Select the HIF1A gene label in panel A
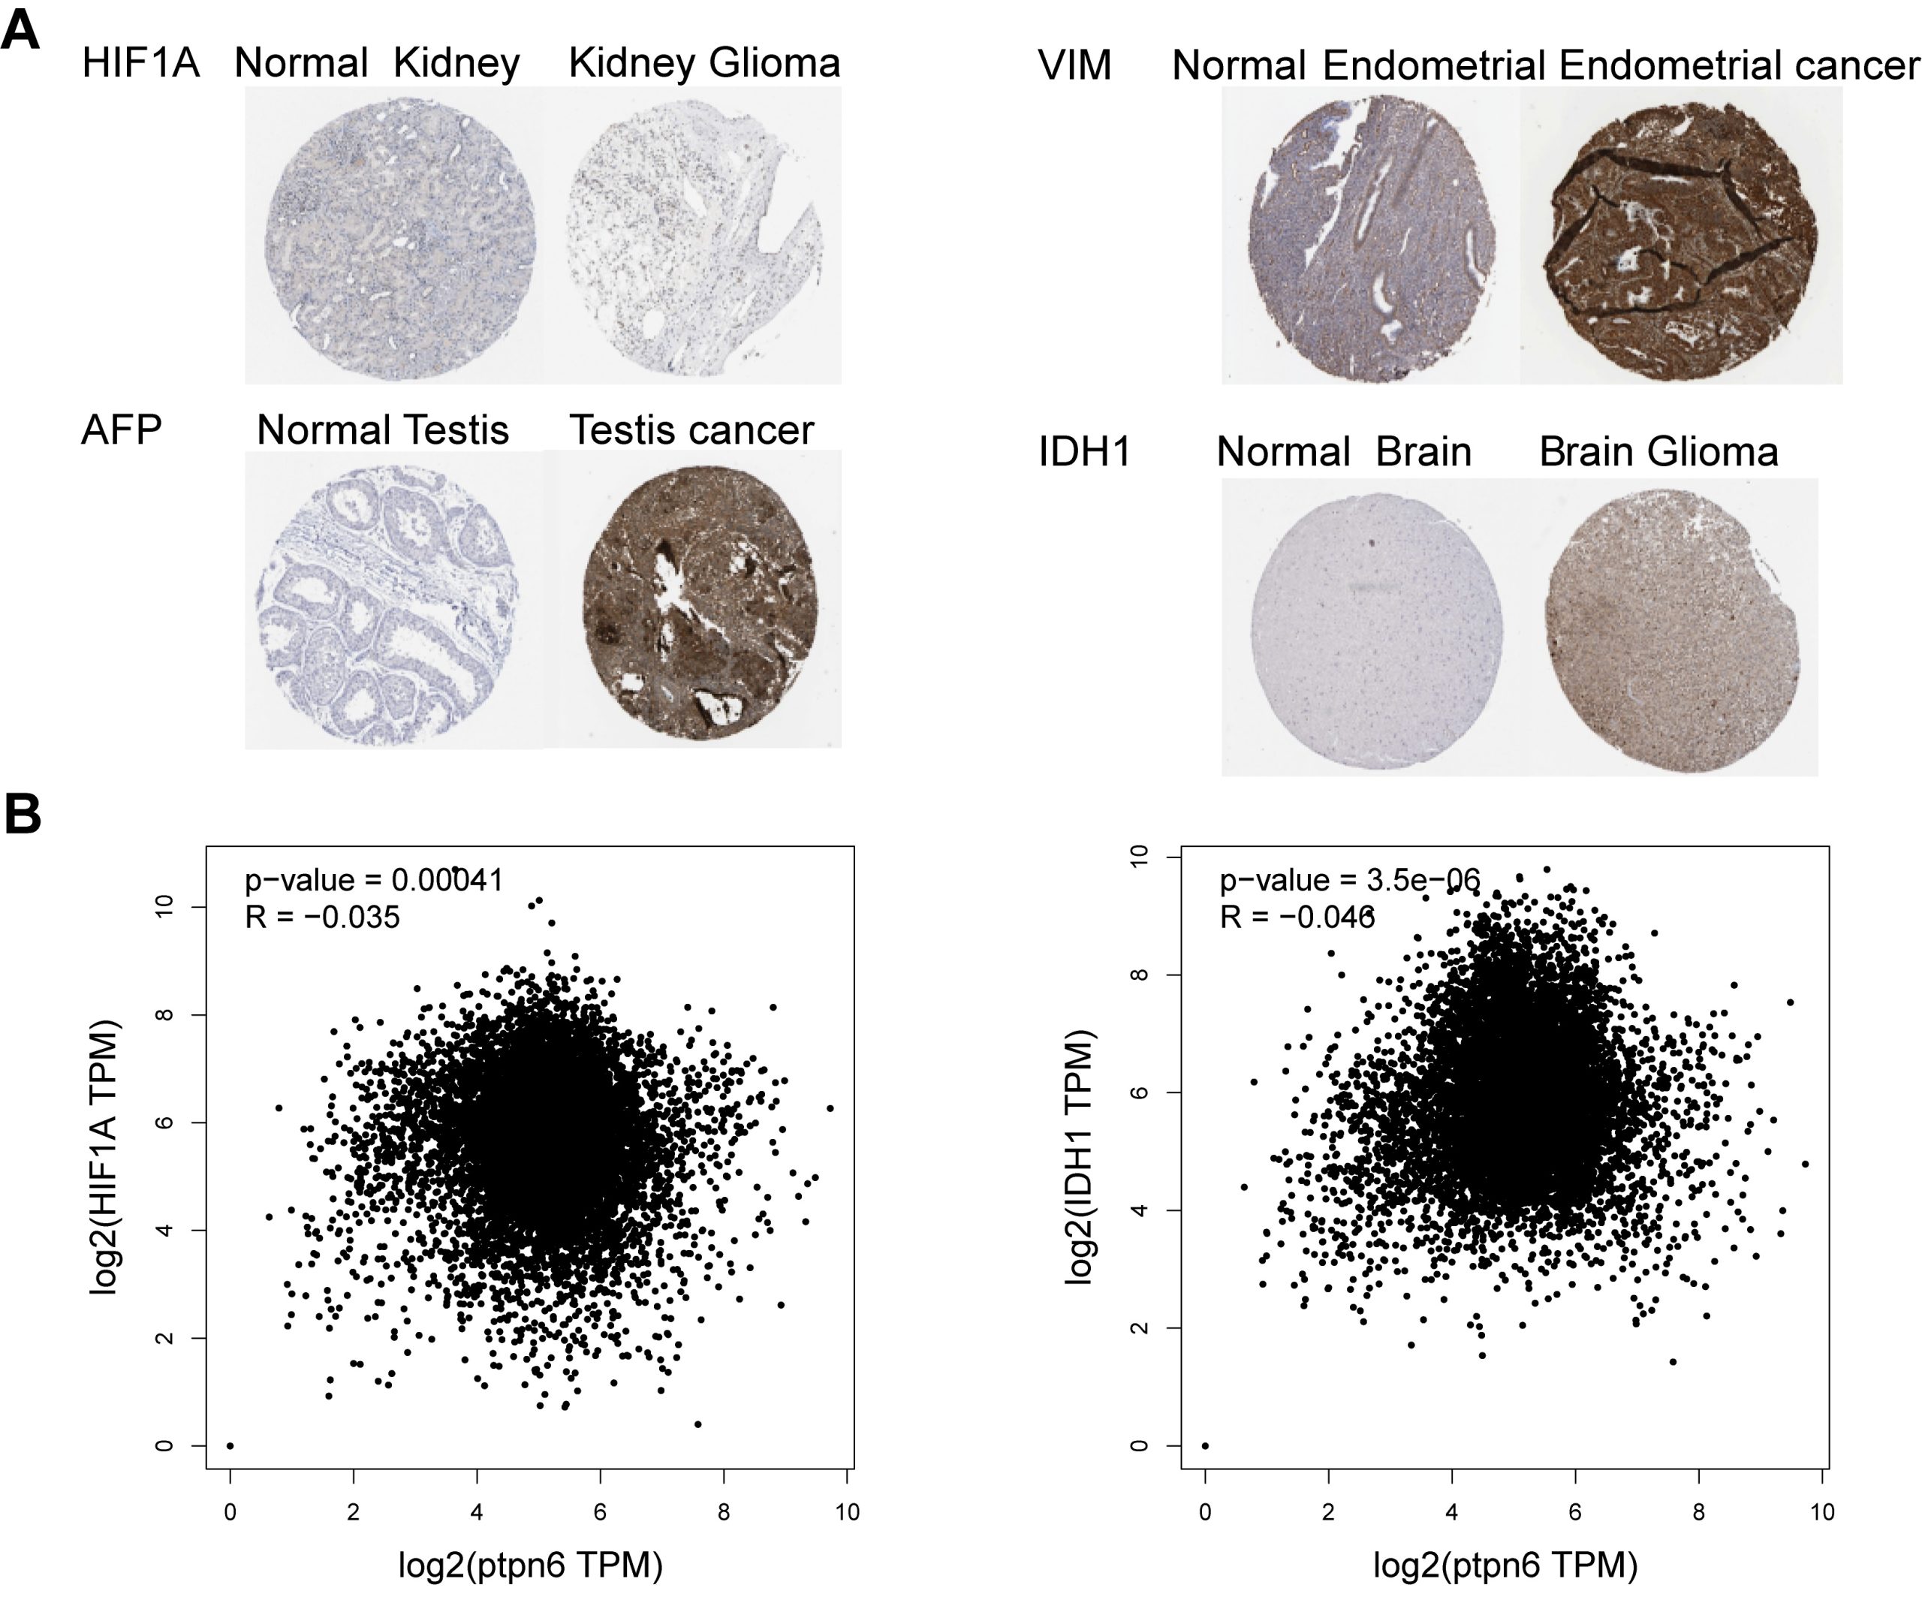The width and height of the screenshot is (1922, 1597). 140,64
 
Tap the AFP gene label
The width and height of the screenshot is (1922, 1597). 121,429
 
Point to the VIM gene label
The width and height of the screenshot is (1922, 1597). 1074,65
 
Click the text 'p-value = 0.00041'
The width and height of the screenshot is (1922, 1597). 373,881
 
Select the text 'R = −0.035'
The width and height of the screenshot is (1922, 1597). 322,917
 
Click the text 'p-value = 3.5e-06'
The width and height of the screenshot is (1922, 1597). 1349,881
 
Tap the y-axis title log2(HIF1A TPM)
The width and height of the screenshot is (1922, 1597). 105,1157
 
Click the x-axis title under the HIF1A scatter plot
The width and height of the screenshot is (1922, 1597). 530,1565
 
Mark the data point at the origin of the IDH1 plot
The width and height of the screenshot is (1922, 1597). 1205,1446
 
